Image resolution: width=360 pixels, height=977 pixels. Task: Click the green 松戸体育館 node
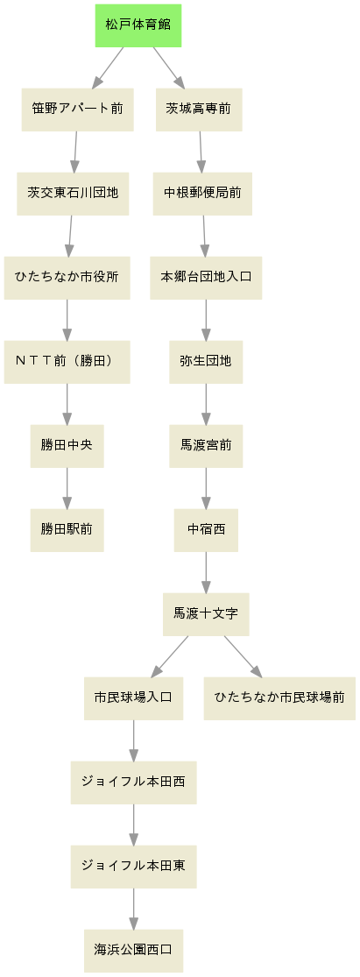(138, 25)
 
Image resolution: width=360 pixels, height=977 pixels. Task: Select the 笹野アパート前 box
(78, 110)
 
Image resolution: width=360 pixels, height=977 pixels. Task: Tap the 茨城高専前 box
(199, 110)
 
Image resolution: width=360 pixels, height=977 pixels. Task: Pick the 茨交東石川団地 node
(73, 194)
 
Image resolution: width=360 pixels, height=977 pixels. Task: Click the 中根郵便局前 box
(202, 194)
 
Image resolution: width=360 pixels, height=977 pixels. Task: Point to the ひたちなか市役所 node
(67, 278)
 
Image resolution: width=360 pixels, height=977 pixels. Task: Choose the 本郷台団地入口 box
(206, 278)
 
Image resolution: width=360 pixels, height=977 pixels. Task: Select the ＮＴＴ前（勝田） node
(67, 362)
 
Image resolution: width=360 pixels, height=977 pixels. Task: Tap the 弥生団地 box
(206, 362)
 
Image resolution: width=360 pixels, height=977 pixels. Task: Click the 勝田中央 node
(67, 446)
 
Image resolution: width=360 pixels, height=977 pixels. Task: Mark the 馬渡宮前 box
(206, 446)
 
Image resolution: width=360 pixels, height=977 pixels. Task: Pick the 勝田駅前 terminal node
(67, 530)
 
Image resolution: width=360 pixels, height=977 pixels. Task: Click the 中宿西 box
(206, 530)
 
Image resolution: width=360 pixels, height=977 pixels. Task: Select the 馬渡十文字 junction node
(206, 614)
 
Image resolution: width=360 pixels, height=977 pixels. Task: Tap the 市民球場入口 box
(134, 698)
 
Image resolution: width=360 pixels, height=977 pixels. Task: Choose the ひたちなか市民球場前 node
(279, 698)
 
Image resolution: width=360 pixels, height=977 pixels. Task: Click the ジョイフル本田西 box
(134, 782)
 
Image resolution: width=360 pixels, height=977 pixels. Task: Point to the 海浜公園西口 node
(134, 951)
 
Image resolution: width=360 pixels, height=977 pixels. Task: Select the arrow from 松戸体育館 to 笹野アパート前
(108, 68)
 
